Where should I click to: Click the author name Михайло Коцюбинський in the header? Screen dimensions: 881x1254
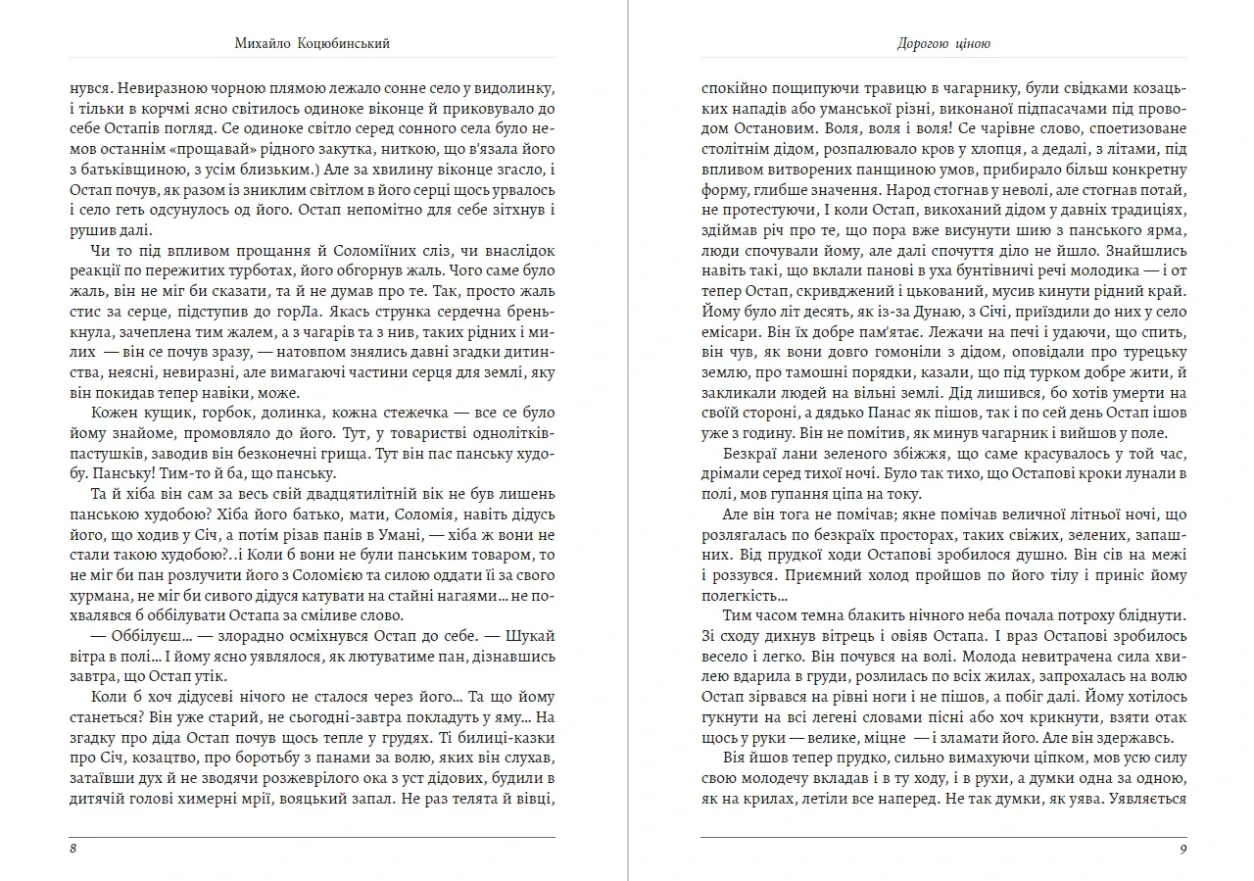pos(313,44)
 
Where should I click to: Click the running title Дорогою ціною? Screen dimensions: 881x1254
pos(943,44)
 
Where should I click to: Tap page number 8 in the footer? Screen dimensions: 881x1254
pos(73,849)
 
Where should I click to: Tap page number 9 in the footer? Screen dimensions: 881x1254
pos(1183,849)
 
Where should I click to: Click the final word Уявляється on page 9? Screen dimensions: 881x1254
pos(1143,800)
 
